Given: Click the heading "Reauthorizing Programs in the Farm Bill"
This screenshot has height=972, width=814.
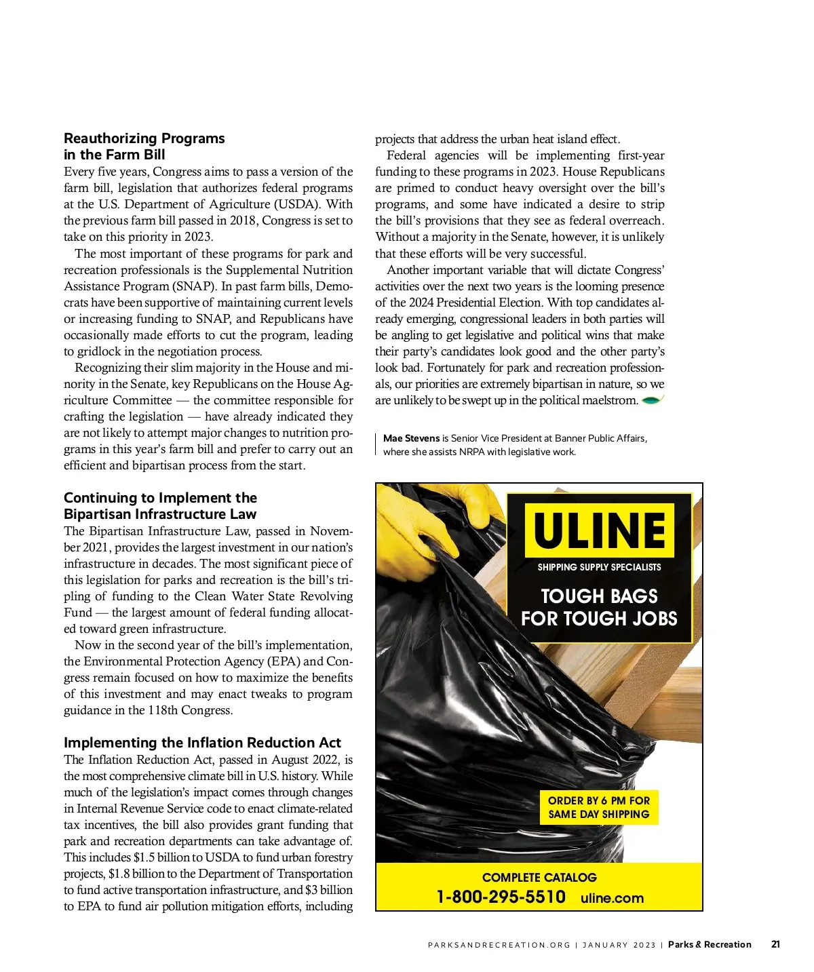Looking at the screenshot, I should (144, 147).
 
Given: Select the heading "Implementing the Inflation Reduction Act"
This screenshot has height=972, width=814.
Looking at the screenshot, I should (202, 743).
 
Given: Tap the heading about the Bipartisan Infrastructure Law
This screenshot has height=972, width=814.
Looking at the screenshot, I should (160, 506).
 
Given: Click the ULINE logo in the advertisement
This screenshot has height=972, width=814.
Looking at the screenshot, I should (600, 530).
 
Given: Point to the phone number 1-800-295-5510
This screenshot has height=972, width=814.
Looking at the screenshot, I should (501, 897).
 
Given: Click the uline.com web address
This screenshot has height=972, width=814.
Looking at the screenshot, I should (612, 898).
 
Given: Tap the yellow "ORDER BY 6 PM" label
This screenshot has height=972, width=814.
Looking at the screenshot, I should (599, 807).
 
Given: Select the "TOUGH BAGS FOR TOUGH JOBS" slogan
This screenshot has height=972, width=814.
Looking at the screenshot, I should (599, 607).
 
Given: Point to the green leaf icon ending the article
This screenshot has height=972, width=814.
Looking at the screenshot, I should (652, 400).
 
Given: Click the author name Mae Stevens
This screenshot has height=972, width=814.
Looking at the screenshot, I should (411, 438).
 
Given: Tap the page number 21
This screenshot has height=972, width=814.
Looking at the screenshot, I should (775, 944).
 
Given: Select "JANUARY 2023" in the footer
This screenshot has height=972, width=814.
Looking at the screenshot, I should (619, 945).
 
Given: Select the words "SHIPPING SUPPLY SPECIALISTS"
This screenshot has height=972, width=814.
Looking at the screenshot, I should (599, 567).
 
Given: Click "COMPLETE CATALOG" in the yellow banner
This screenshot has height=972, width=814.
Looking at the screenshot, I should (539, 877).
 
